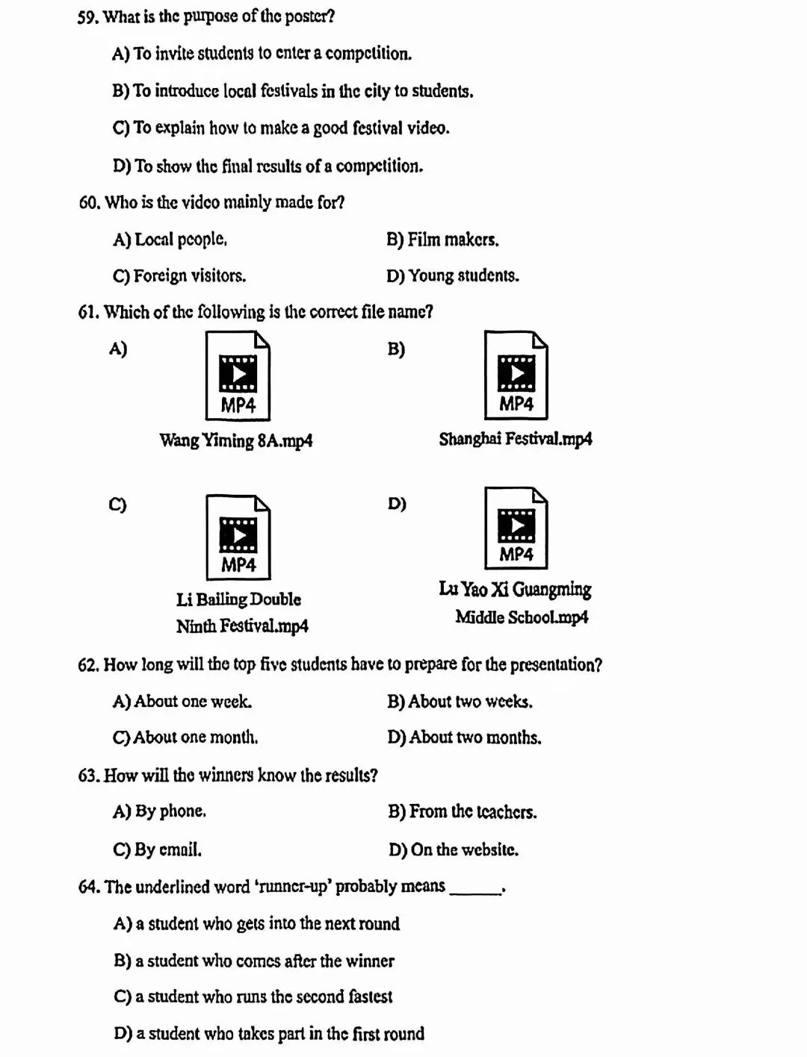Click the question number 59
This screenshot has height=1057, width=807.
(87, 16)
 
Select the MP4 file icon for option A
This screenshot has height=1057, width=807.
(238, 376)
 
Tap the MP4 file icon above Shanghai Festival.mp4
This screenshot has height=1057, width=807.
(516, 375)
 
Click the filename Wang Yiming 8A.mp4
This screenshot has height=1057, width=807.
(236, 440)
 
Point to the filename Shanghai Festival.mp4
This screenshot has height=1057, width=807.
(516, 439)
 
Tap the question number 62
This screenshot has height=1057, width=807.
(88, 665)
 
